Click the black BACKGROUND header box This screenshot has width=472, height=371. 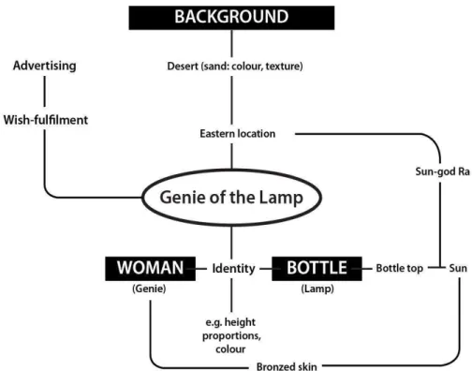231,18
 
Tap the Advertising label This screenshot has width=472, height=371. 45,66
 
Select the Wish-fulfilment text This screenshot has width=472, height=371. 46,120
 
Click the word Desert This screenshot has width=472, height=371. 183,67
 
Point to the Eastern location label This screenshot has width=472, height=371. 238,134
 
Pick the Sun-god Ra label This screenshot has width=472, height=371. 442,171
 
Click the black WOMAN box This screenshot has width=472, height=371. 151,269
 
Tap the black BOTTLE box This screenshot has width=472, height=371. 317,269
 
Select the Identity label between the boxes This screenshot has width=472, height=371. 234,269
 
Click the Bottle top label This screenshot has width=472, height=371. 400,268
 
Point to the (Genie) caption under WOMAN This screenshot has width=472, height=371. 149,289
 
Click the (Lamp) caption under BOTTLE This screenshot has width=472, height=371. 317,289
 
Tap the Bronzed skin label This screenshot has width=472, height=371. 287,366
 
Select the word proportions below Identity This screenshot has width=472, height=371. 231,336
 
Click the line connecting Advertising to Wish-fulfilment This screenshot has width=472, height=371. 44,91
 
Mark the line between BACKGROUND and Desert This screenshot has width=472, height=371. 231,43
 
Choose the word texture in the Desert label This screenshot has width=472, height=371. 284,67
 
